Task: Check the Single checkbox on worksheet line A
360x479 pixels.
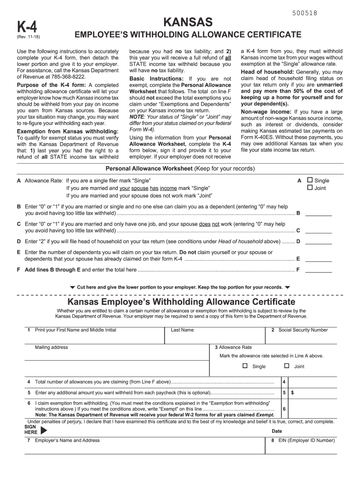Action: click(309, 180)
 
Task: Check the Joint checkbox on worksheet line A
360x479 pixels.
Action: click(309, 188)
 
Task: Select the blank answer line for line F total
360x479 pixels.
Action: click(318, 270)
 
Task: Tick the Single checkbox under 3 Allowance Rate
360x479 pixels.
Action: click(245, 366)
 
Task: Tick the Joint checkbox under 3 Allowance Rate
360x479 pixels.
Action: click(287, 366)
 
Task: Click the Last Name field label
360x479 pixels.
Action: click(182, 330)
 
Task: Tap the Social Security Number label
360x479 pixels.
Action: click(303, 330)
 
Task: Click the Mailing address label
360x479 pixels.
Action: click(51, 348)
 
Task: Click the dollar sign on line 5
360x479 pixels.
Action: click(292, 393)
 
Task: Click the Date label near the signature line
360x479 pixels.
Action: click(277, 431)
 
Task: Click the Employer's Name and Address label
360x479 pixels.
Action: click(67, 441)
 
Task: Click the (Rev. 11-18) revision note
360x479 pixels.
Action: click(29, 38)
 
